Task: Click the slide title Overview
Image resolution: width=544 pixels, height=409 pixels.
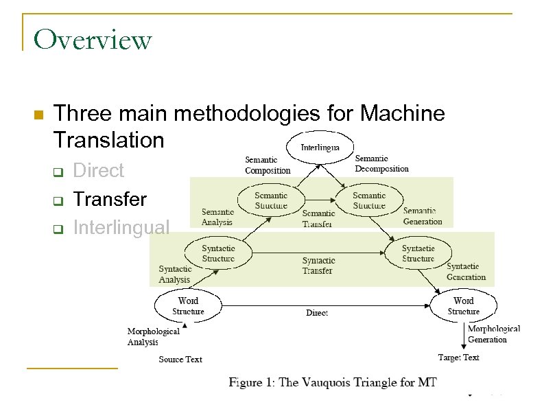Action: (x=92, y=40)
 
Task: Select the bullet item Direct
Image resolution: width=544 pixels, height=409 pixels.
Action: (x=98, y=170)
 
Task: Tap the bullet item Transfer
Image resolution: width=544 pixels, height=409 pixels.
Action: (x=109, y=200)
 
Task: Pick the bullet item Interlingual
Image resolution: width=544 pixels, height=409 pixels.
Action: (x=120, y=227)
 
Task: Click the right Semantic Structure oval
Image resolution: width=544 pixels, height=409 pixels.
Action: (x=369, y=200)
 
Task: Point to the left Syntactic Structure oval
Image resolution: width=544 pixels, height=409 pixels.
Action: (x=218, y=253)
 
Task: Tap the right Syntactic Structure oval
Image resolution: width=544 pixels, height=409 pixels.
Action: (x=418, y=253)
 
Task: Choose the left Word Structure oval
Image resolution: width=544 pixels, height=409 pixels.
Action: (x=188, y=306)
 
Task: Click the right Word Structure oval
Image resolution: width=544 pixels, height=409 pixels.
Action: (x=463, y=306)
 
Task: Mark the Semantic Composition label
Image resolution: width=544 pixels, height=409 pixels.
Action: (x=268, y=165)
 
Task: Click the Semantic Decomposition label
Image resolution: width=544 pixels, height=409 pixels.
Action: (x=381, y=163)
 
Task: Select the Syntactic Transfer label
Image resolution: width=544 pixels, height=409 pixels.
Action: (x=318, y=266)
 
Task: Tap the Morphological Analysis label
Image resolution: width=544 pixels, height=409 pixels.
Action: (x=153, y=336)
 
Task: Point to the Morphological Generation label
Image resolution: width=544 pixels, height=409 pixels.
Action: (x=493, y=334)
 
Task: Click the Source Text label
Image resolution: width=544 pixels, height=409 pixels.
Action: (x=180, y=359)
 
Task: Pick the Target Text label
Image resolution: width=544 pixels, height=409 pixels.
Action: (x=458, y=358)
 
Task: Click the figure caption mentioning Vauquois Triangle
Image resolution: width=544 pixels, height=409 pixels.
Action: (x=332, y=382)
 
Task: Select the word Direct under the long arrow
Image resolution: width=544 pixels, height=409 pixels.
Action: (x=316, y=313)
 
